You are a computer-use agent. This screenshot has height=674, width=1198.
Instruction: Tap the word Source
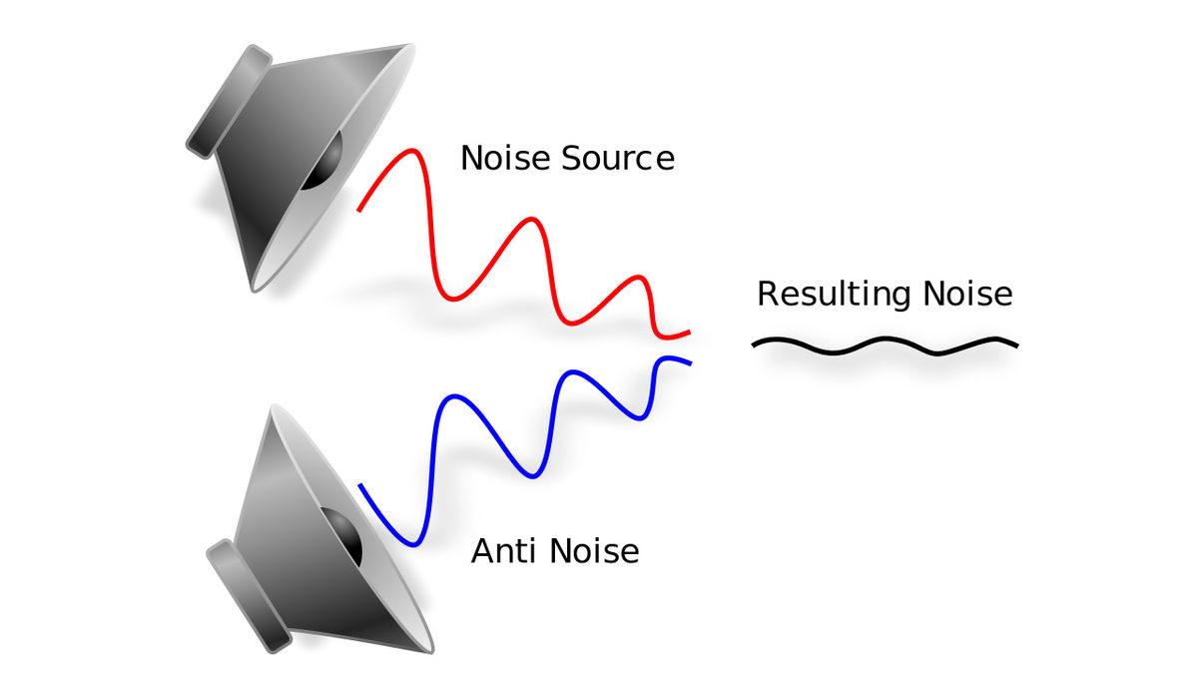pyautogui.click(x=619, y=158)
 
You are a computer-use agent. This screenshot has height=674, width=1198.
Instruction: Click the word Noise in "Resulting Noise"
pyautogui.click(x=967, y=295)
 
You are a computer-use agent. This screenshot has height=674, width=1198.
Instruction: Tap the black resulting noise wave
pyautogui.click(x=884, y=346)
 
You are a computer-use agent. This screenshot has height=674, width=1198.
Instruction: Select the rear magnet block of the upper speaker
pyautogui.click(x=230, y=103)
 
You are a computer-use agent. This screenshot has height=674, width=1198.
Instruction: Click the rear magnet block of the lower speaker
pyautogui.click(x=247, y=595)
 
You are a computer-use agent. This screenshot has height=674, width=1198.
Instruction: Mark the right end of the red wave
pyautogui.click(x=688, y=332)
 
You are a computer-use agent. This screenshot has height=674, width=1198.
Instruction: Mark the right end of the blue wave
pyautogui.click(x=688, y=360)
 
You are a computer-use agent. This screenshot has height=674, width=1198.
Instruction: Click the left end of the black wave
pyautogui.click(x=755, y=344)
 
